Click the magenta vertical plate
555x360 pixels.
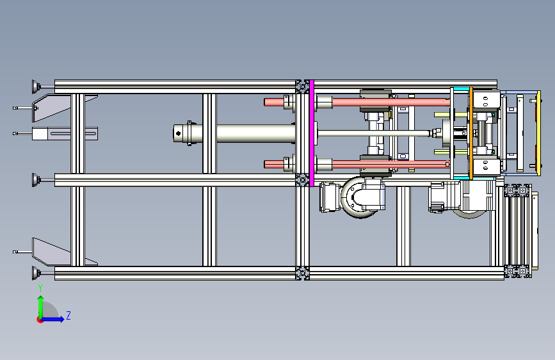[312, 133]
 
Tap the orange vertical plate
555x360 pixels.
[471, 133]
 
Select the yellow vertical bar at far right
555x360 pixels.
[539, 133]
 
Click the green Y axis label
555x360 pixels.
[40, 288]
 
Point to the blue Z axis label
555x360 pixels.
[68, 315]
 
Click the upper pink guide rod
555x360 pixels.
[357, 102]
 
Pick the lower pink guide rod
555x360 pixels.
[357, 165]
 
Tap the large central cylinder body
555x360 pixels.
[255, 134]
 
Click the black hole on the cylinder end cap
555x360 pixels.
[178, 134]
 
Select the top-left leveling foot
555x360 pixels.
[36, 86]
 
